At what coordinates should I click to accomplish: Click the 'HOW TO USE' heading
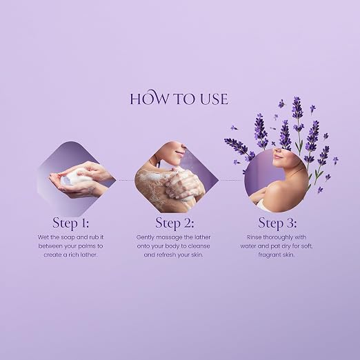(x=179, y=98)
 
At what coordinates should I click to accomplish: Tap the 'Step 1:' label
(x=70, y=223)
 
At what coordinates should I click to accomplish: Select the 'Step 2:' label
(x=174, y=223)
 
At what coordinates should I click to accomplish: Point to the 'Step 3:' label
(x=277, y=223)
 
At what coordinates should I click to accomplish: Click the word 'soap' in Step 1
(x=68, y=237)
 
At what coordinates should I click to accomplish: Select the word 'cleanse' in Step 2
(x=199, y=246)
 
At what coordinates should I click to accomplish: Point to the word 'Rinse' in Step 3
(x=254, y=237)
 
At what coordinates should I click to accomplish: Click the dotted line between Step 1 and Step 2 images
(x=126, y=181)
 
